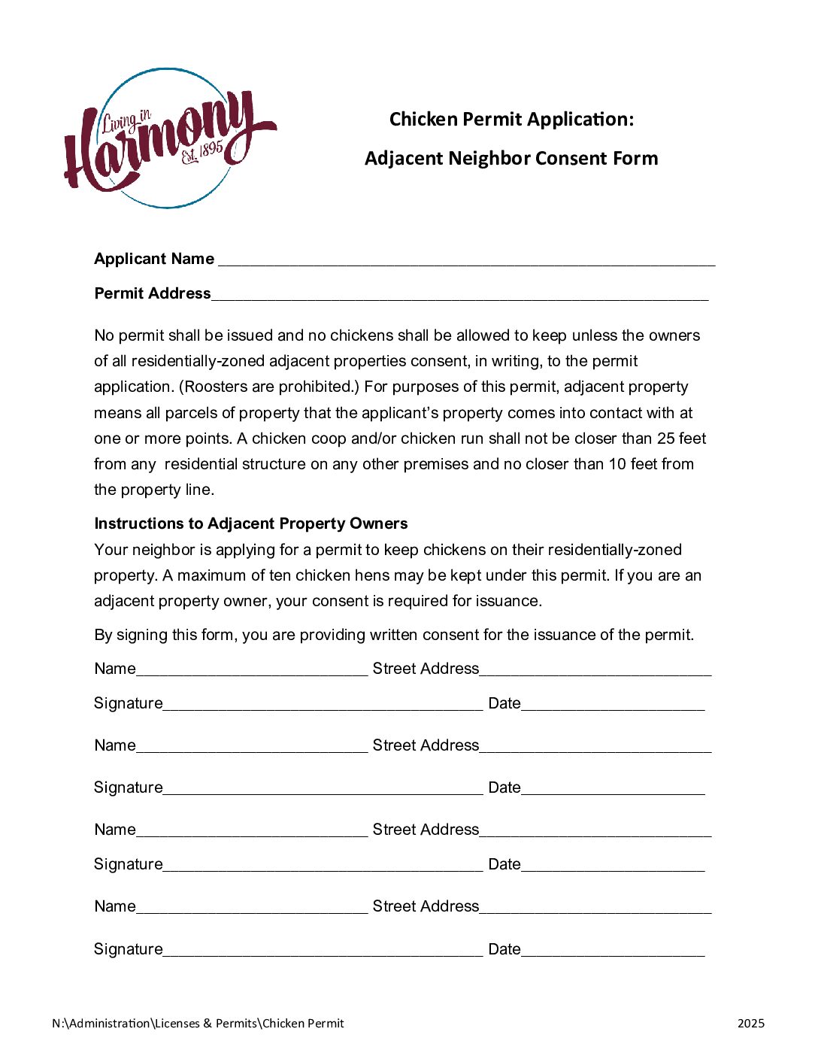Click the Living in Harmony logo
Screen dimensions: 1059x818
(169, 138)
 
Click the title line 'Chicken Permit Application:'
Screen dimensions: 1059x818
(511, 120)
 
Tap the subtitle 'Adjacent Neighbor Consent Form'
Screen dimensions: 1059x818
(511, 159)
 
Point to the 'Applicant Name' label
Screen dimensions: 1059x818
(154, 259)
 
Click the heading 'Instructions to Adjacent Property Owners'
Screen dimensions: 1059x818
(251, 523)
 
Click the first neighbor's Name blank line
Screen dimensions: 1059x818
(252, 671)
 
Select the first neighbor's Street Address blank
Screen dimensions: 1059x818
(595, 671)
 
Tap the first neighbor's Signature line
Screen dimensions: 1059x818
(323, 705)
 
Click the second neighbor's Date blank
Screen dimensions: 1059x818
(613, 790)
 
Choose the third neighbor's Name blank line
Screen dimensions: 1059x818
(252, 832)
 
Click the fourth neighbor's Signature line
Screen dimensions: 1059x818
(323, 951)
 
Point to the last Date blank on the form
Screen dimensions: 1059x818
(613, 951)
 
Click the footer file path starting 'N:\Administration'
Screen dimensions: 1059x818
(198, 1023)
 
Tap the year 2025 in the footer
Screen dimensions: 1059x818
(750, 1023)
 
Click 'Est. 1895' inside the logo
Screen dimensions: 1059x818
(202, 153)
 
